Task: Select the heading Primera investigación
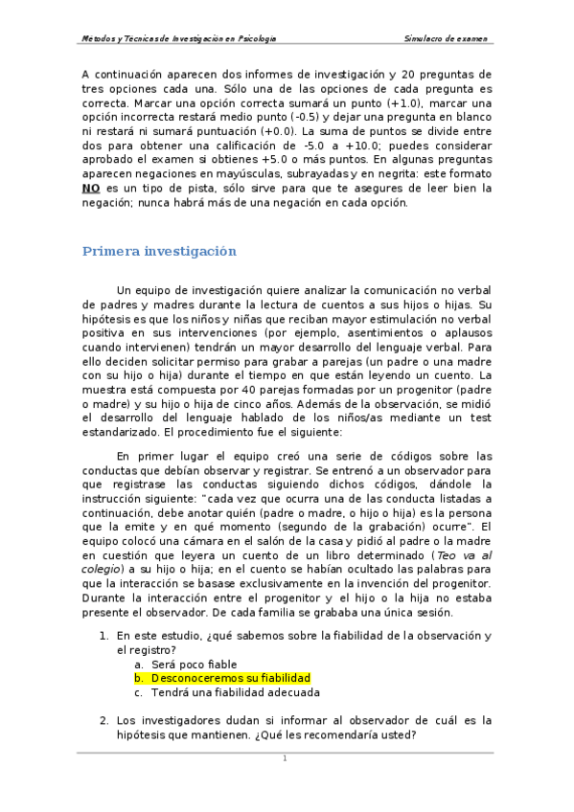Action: coord(158,252)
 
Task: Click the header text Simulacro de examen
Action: coord(448,39)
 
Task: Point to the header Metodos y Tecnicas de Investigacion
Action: coord(179,39)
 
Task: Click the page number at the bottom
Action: coord(285,758)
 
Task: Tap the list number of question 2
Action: coord(104,720)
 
